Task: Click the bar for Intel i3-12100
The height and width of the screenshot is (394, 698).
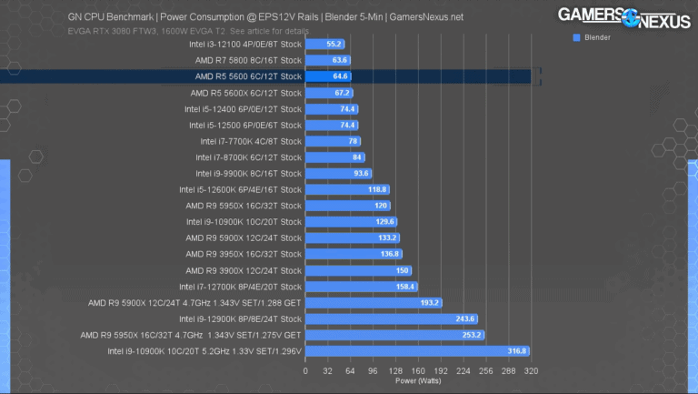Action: coord(324,44)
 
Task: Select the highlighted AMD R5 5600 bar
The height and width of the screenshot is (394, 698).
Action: coord(328,76)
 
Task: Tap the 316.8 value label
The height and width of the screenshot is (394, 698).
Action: coord(517,351)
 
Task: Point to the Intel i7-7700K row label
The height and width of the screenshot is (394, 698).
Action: coord(250,141)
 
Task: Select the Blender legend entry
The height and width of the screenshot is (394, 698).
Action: coord(592,38)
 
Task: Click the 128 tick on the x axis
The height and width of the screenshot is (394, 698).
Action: coord(395,372)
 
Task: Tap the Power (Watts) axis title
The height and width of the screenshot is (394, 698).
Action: coord(417,382)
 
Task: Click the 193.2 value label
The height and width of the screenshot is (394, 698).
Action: coord(429,303)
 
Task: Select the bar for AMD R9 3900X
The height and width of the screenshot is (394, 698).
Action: coord(358,270)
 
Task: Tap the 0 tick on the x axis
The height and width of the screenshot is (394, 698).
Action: coord(305,372)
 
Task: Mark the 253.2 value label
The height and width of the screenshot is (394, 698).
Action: coord(472,335)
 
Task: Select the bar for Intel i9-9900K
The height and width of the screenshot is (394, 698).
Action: coord(338,174)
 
